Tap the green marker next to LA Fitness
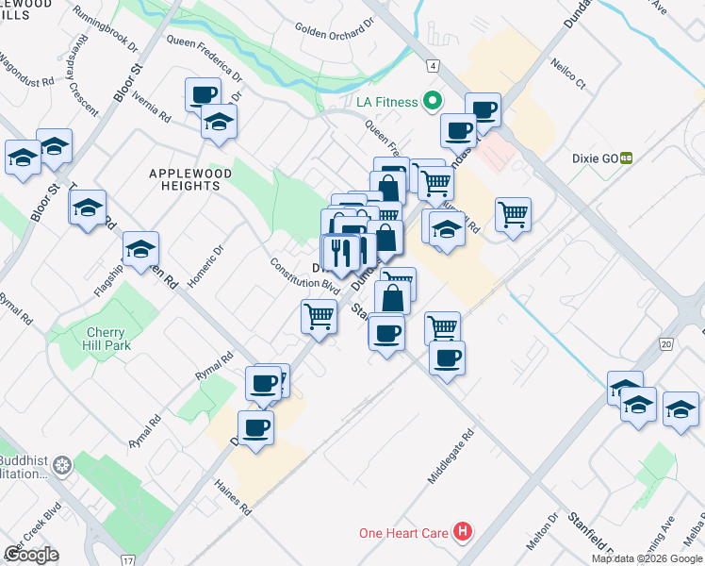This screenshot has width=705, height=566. pos(433,100)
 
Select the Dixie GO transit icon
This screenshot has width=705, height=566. pos(625,159)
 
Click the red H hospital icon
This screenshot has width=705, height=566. pos(462,532)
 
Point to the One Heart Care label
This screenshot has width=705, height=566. pos(403,533)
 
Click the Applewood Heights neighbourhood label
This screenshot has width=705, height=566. pos(185,179)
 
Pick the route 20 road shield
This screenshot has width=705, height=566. pos(666,345)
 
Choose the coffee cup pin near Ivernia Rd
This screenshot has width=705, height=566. pos(204,94)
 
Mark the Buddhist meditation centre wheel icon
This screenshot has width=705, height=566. pos(62,465)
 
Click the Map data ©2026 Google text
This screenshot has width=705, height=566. pos(647,558)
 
